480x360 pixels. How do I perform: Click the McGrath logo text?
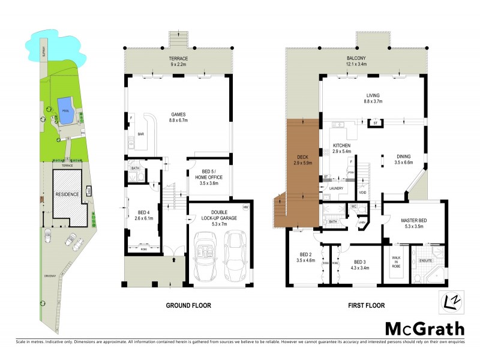(x=424, y=328)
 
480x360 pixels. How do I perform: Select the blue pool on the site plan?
(x=64, y=113)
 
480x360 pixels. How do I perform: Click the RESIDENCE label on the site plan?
(x=67, y=195)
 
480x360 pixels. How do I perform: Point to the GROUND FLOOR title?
(x=188, y=305)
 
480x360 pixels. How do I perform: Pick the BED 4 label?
(x=143, y=215)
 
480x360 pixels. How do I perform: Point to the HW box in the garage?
(x=245, y=208)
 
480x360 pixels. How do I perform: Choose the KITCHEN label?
(x=341, y=149)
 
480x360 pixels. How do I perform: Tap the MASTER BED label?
(x=414, y=223)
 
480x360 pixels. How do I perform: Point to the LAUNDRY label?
(x=335, y=188)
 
